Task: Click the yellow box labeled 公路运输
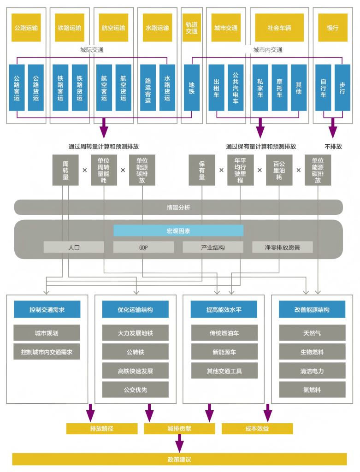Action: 26,28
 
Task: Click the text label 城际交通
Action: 92,50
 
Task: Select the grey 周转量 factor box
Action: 65,170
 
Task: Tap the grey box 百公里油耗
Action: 279,170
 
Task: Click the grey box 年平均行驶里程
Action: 240,170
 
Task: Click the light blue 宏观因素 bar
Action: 178,230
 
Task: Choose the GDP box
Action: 143,248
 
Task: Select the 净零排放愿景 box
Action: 282,248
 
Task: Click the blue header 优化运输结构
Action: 135,310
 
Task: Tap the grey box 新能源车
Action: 224,352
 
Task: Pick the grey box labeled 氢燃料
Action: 312,390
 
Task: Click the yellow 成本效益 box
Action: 257,429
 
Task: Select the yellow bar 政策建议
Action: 179,460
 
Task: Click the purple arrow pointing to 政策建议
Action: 179,444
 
